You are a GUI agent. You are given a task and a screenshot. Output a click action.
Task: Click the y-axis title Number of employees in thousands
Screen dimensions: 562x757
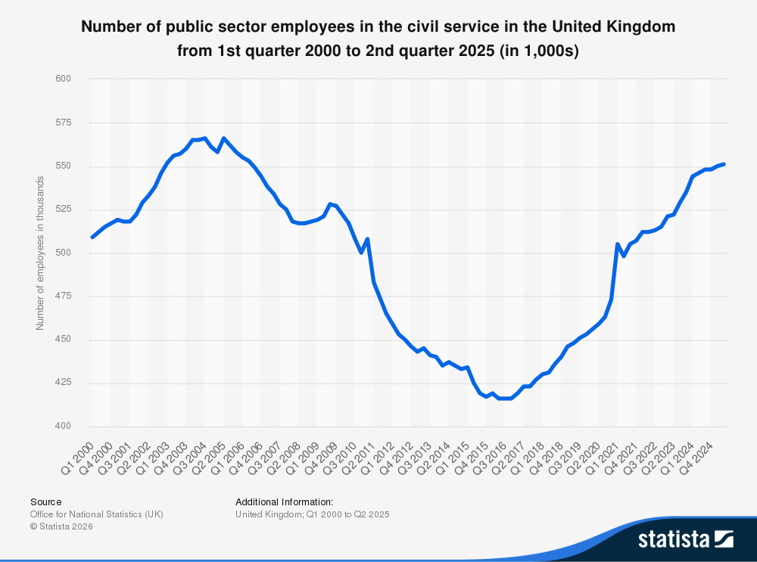click(x=40, y=253)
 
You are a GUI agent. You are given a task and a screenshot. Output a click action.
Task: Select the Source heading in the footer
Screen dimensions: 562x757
click(x=46, y=501)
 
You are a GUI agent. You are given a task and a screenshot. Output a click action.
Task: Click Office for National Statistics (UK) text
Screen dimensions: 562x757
click(x=97, y=514)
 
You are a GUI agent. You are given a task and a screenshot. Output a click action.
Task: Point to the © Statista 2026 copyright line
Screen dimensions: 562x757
click(x=61, y=526)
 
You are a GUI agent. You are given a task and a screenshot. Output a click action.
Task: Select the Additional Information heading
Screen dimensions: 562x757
click(x=284, y=501)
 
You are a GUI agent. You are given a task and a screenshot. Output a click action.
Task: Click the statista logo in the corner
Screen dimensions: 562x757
click(x=685, y=539)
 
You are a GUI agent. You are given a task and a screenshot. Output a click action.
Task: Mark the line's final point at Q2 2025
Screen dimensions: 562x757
click(x=724, y=164)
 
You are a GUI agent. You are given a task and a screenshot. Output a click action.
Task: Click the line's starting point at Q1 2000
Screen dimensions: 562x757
click(x=92, y=237)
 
